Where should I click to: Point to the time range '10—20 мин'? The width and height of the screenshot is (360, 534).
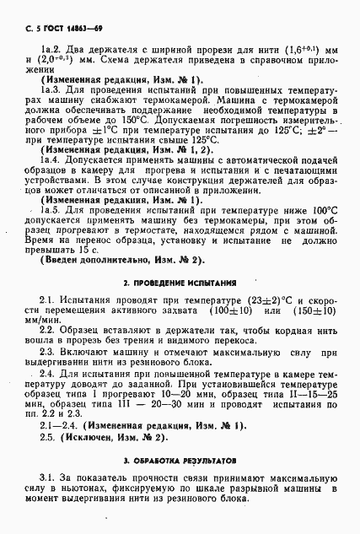[151, 394]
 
